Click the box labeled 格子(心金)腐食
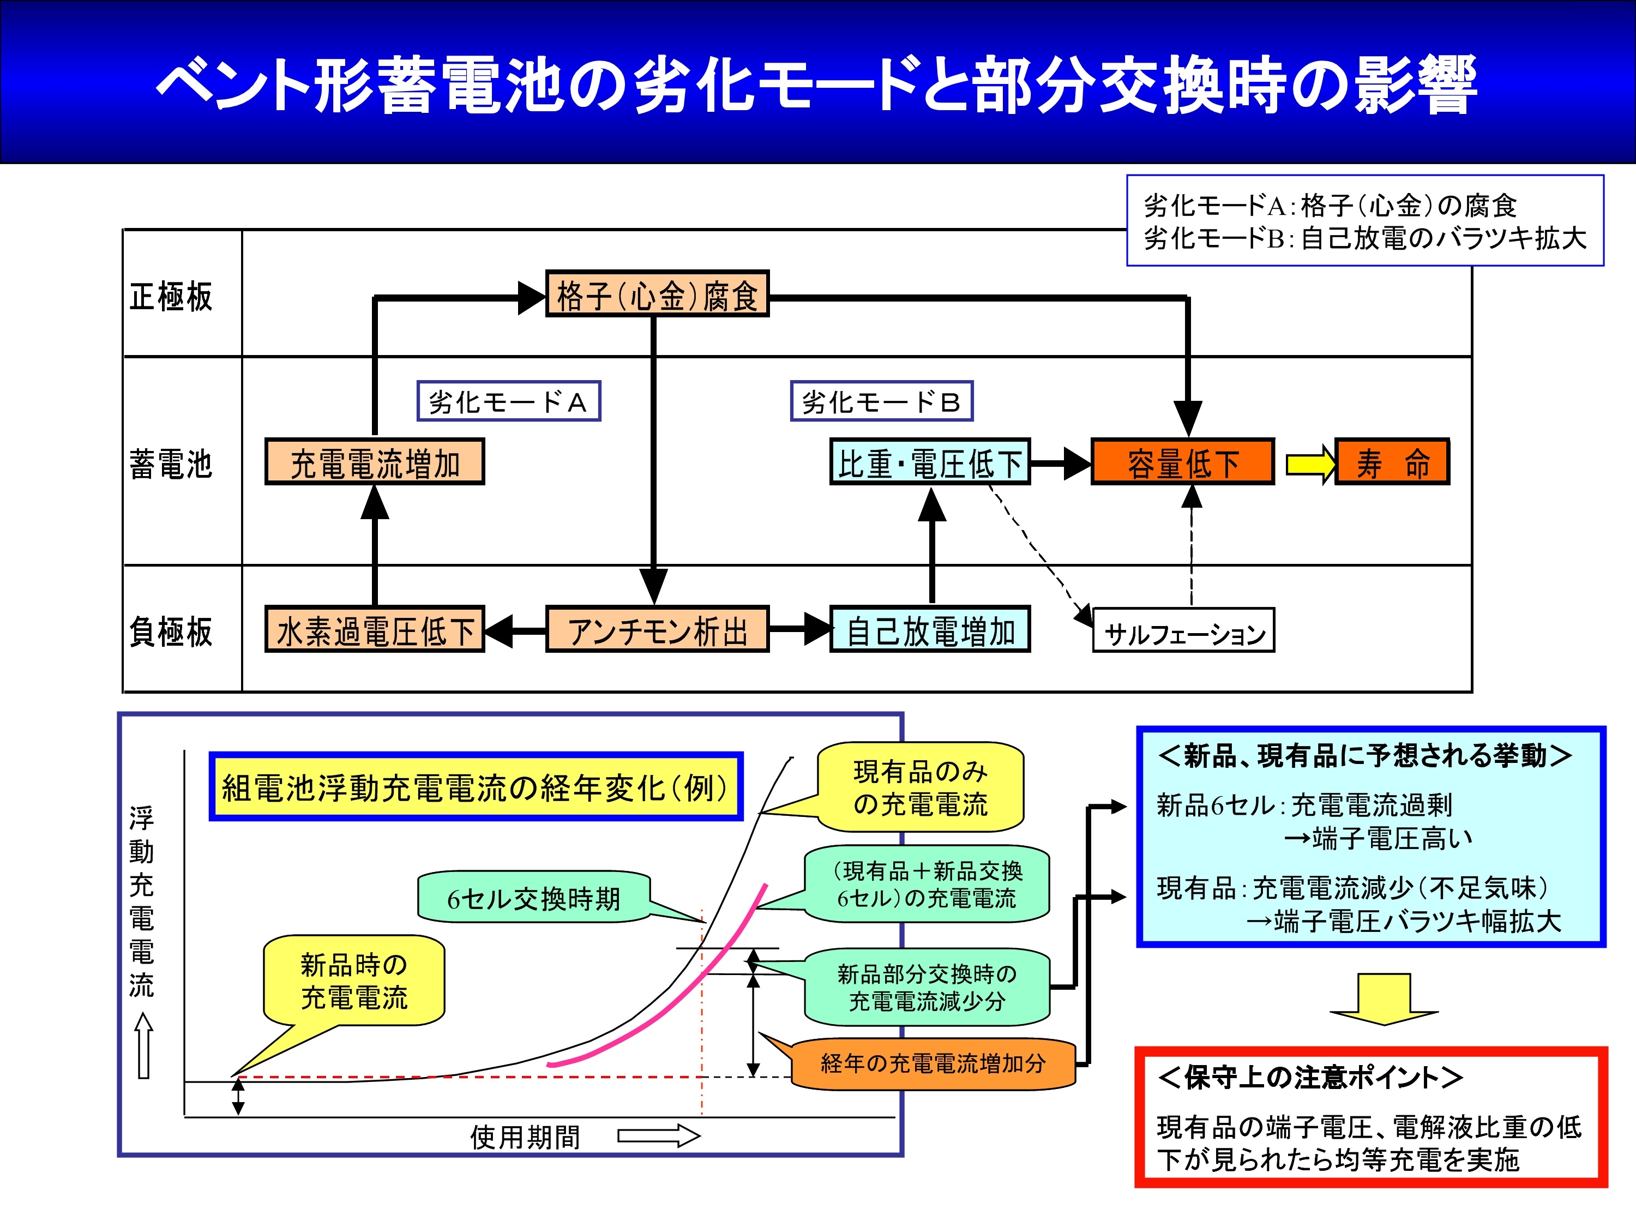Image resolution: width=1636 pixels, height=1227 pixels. point(657,294)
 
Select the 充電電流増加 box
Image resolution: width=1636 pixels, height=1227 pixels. point(375,461)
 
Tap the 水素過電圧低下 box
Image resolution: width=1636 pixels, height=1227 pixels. point(375,629)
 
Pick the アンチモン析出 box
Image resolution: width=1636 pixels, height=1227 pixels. point(657,629)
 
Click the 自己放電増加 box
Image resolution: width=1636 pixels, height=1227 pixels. point(930,629)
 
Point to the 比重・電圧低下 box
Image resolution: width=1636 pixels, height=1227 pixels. point(930,461)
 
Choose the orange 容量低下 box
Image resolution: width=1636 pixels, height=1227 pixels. point(1183,461)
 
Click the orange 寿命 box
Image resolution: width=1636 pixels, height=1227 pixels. point(1392,461)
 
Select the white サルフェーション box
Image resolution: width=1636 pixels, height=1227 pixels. point(1183,630)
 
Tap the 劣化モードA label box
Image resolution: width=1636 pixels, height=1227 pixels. point(509,401)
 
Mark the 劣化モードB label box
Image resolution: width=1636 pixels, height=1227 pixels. point(882,401)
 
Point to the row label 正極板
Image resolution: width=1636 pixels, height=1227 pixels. point(171,297)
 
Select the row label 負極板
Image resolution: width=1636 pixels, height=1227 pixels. point(171,631)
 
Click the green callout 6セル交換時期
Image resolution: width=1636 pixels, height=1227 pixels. point(534,897)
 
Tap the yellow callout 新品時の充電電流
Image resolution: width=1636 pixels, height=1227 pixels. point(353,981)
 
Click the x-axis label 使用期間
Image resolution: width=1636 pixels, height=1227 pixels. point(525,1137)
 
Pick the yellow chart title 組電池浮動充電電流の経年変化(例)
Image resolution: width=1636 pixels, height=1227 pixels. point(476,787)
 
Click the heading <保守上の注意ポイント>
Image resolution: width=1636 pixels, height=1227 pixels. point(1310,1078)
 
